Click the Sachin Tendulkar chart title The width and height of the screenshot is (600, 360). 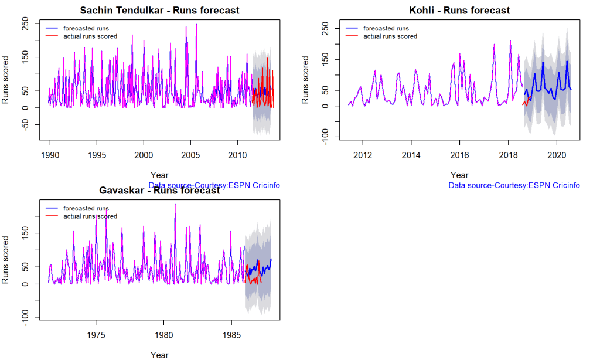click(x=159, y=11)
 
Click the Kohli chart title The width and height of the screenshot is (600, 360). click(x=459, y=11)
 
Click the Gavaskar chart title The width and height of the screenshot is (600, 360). click(x=159, y=191)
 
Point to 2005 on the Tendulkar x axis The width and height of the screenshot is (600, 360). click(x=190, y=155)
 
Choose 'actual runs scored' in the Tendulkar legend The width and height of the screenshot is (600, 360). click(x=90, y=36)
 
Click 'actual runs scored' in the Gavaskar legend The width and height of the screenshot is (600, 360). click(x=90, y=216)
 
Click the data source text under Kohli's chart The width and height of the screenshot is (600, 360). click(x=514, y=185)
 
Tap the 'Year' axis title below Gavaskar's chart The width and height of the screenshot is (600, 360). click(x=159, y=355)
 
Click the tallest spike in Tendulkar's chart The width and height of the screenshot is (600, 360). click(x=196, y=25)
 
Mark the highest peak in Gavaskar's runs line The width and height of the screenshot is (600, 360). click(x=175, y=205)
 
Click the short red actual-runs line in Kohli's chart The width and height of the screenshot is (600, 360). click(x=527, y=103)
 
